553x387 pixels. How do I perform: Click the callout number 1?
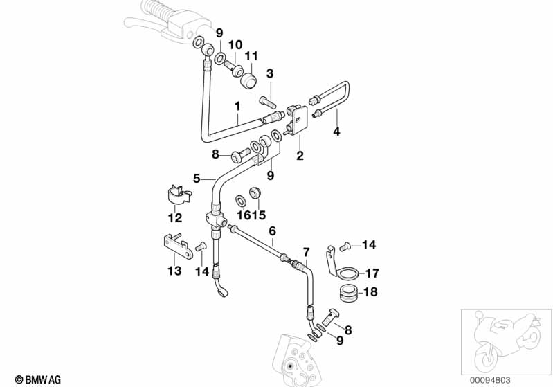[237, 107]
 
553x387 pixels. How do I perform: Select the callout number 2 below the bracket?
[300, 156]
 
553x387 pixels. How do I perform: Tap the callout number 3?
[270, 73]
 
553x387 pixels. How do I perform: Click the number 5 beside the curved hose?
[197, 178]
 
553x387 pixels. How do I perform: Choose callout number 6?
[272, 231]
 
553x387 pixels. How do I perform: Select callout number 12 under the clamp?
[174, 218]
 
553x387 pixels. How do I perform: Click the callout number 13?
[175, 271]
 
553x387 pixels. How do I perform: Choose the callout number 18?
[371, 291]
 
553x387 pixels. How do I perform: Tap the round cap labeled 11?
[248, 77]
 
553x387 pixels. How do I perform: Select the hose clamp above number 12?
[178, 195]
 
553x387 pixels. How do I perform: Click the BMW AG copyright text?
[34, 379]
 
